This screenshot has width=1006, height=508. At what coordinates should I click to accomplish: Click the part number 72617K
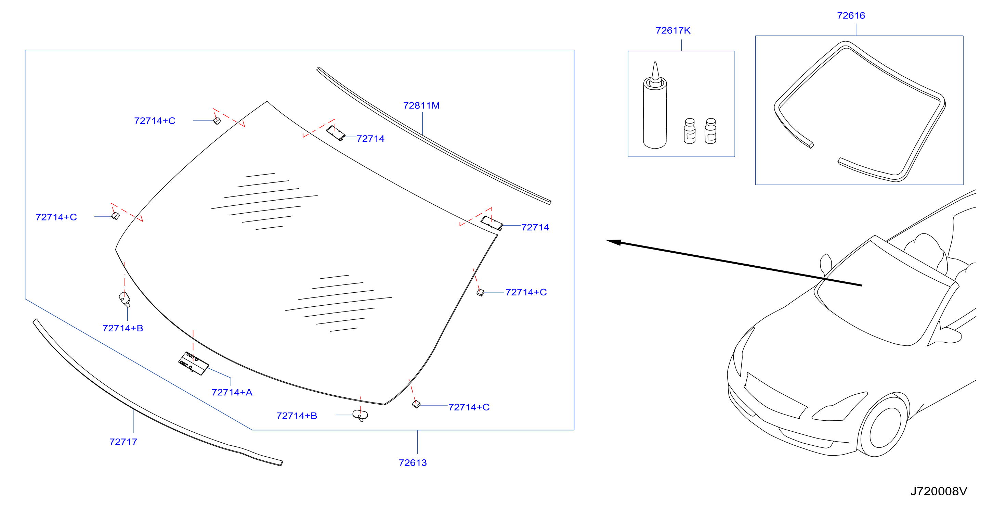[x=673, y=30]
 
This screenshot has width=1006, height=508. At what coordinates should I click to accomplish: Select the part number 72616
[x=851, y=16]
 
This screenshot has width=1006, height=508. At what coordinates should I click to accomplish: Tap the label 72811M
[x=421, y=105]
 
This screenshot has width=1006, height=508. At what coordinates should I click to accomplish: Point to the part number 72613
[x=413, y=463]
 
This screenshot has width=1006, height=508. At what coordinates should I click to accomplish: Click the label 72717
[x=123, y=442]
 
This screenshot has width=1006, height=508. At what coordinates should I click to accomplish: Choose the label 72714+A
[x=232, y=392]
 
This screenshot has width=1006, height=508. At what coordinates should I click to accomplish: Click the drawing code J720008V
[x=939, y=491]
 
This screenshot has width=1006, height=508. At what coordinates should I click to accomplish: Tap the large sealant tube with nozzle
[x=655, y=105]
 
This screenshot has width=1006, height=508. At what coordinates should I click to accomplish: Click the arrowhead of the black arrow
[x=614, y=242]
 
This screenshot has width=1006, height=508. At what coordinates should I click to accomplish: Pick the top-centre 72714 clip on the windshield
[x=336, y=133]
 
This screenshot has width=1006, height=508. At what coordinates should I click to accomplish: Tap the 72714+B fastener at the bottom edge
[x=360, y=415]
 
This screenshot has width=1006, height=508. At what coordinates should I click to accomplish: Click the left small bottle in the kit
[x=690, y=131]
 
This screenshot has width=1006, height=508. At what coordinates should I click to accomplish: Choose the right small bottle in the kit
[x=710, y=131]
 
